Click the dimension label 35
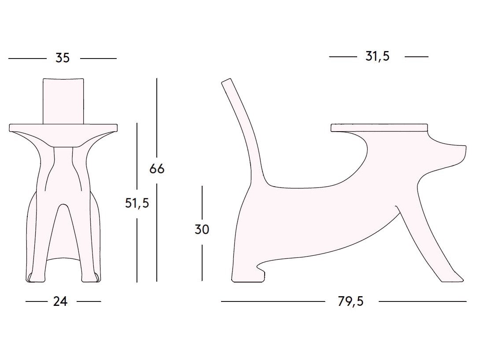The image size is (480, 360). pyautogui.click(x=63, y=58)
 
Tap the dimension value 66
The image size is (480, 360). pyautogui.click(x=157, y=169)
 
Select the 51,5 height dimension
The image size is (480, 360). pyautogui.click(x=137, y=203)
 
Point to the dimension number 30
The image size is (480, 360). pyautogui.click(x=202, y=229)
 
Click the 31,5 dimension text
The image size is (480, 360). pyautogui.click(x=377, y=56)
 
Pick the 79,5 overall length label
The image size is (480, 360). pyautogui.click(x=351, y=301)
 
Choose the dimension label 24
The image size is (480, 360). pyautogui.click(x=60, y=301)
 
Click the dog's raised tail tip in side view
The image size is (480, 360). pyautogui.click(x=226, y=82)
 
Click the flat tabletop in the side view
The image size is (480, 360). pyautogui.click(x=379, y=128)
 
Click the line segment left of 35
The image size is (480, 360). pyautogui.click(x=27, y=58)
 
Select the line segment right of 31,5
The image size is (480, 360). pyautogui.click(x=416, y=57)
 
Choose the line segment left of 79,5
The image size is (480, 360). pyautogui.click(x=273, y=301)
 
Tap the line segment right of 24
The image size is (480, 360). pyautogui.click(x=89, y=301)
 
